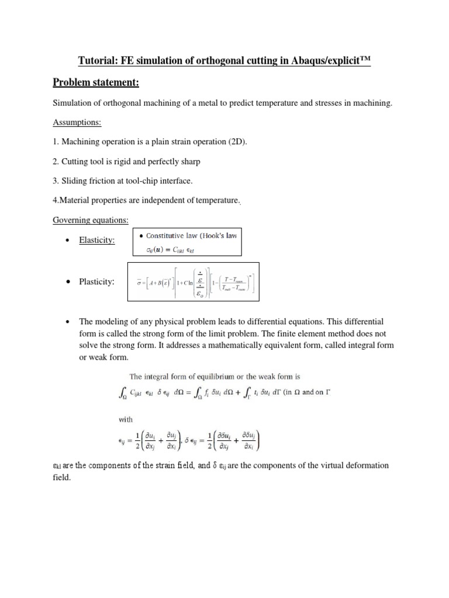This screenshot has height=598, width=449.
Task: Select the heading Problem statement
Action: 95,83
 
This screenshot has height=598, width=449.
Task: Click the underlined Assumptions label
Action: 77,123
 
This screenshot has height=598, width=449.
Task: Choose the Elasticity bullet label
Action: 97,240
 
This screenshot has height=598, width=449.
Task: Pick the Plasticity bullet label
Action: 96,282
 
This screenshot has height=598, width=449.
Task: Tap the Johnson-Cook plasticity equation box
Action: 194,282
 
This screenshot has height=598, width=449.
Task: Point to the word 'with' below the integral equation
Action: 126,419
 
